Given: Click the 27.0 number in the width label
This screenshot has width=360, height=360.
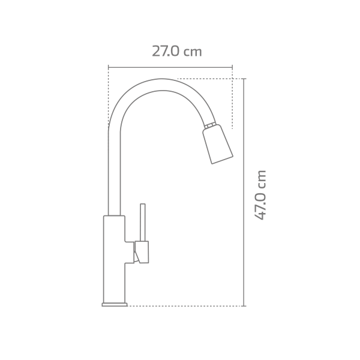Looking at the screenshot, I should pos(166,52).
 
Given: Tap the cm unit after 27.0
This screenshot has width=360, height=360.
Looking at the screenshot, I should pos(193,52).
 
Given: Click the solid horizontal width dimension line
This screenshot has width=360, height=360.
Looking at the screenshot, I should pos(170,67).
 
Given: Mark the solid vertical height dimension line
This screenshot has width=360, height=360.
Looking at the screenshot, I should pos(244,192).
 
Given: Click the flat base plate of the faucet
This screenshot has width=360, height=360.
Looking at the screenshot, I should pos(115,304).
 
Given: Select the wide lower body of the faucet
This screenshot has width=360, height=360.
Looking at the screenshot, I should pos(114,258).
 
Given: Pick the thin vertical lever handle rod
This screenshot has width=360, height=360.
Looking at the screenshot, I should pos(143,222).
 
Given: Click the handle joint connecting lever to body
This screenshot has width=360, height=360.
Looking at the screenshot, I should pos(141,251).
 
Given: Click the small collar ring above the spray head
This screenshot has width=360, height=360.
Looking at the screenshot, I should pos(209,125).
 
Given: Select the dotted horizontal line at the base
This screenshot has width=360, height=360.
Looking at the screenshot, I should pos(186,306).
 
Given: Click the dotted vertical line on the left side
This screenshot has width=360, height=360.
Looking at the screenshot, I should pos(109,96).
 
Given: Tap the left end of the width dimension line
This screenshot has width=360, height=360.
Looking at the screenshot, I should pos(109,67).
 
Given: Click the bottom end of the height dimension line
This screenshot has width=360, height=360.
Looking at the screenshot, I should pos(244,305).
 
